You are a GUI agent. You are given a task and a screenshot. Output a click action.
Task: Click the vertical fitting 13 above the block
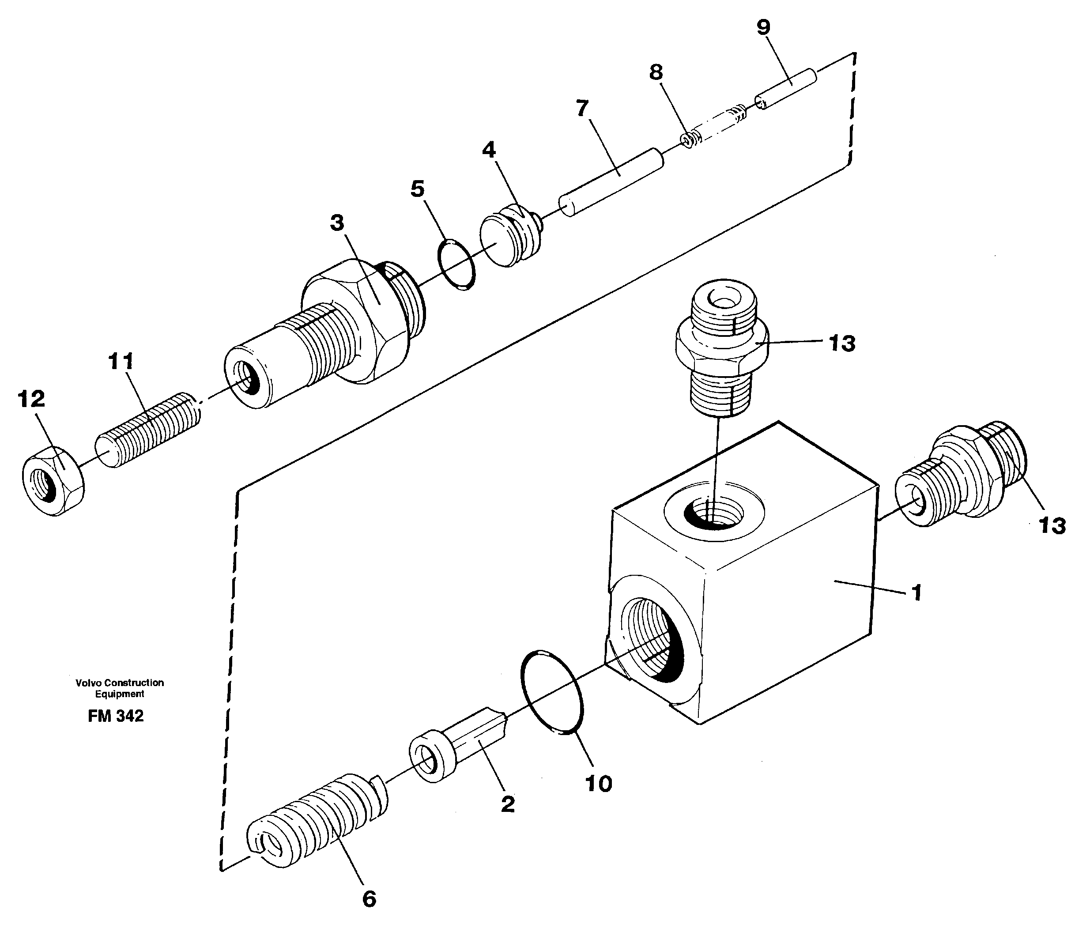click(x=720, y=347)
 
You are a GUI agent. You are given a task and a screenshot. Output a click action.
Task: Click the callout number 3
click(x=337, y=223)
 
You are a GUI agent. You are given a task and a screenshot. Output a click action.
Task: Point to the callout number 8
click(x=656, y=72)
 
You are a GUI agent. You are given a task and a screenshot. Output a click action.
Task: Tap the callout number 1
click(x=917, y=593)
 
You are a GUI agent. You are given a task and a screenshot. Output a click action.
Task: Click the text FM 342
click(x=115, y=716)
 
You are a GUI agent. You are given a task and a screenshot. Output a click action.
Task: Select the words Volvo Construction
click(x=119, y=683)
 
